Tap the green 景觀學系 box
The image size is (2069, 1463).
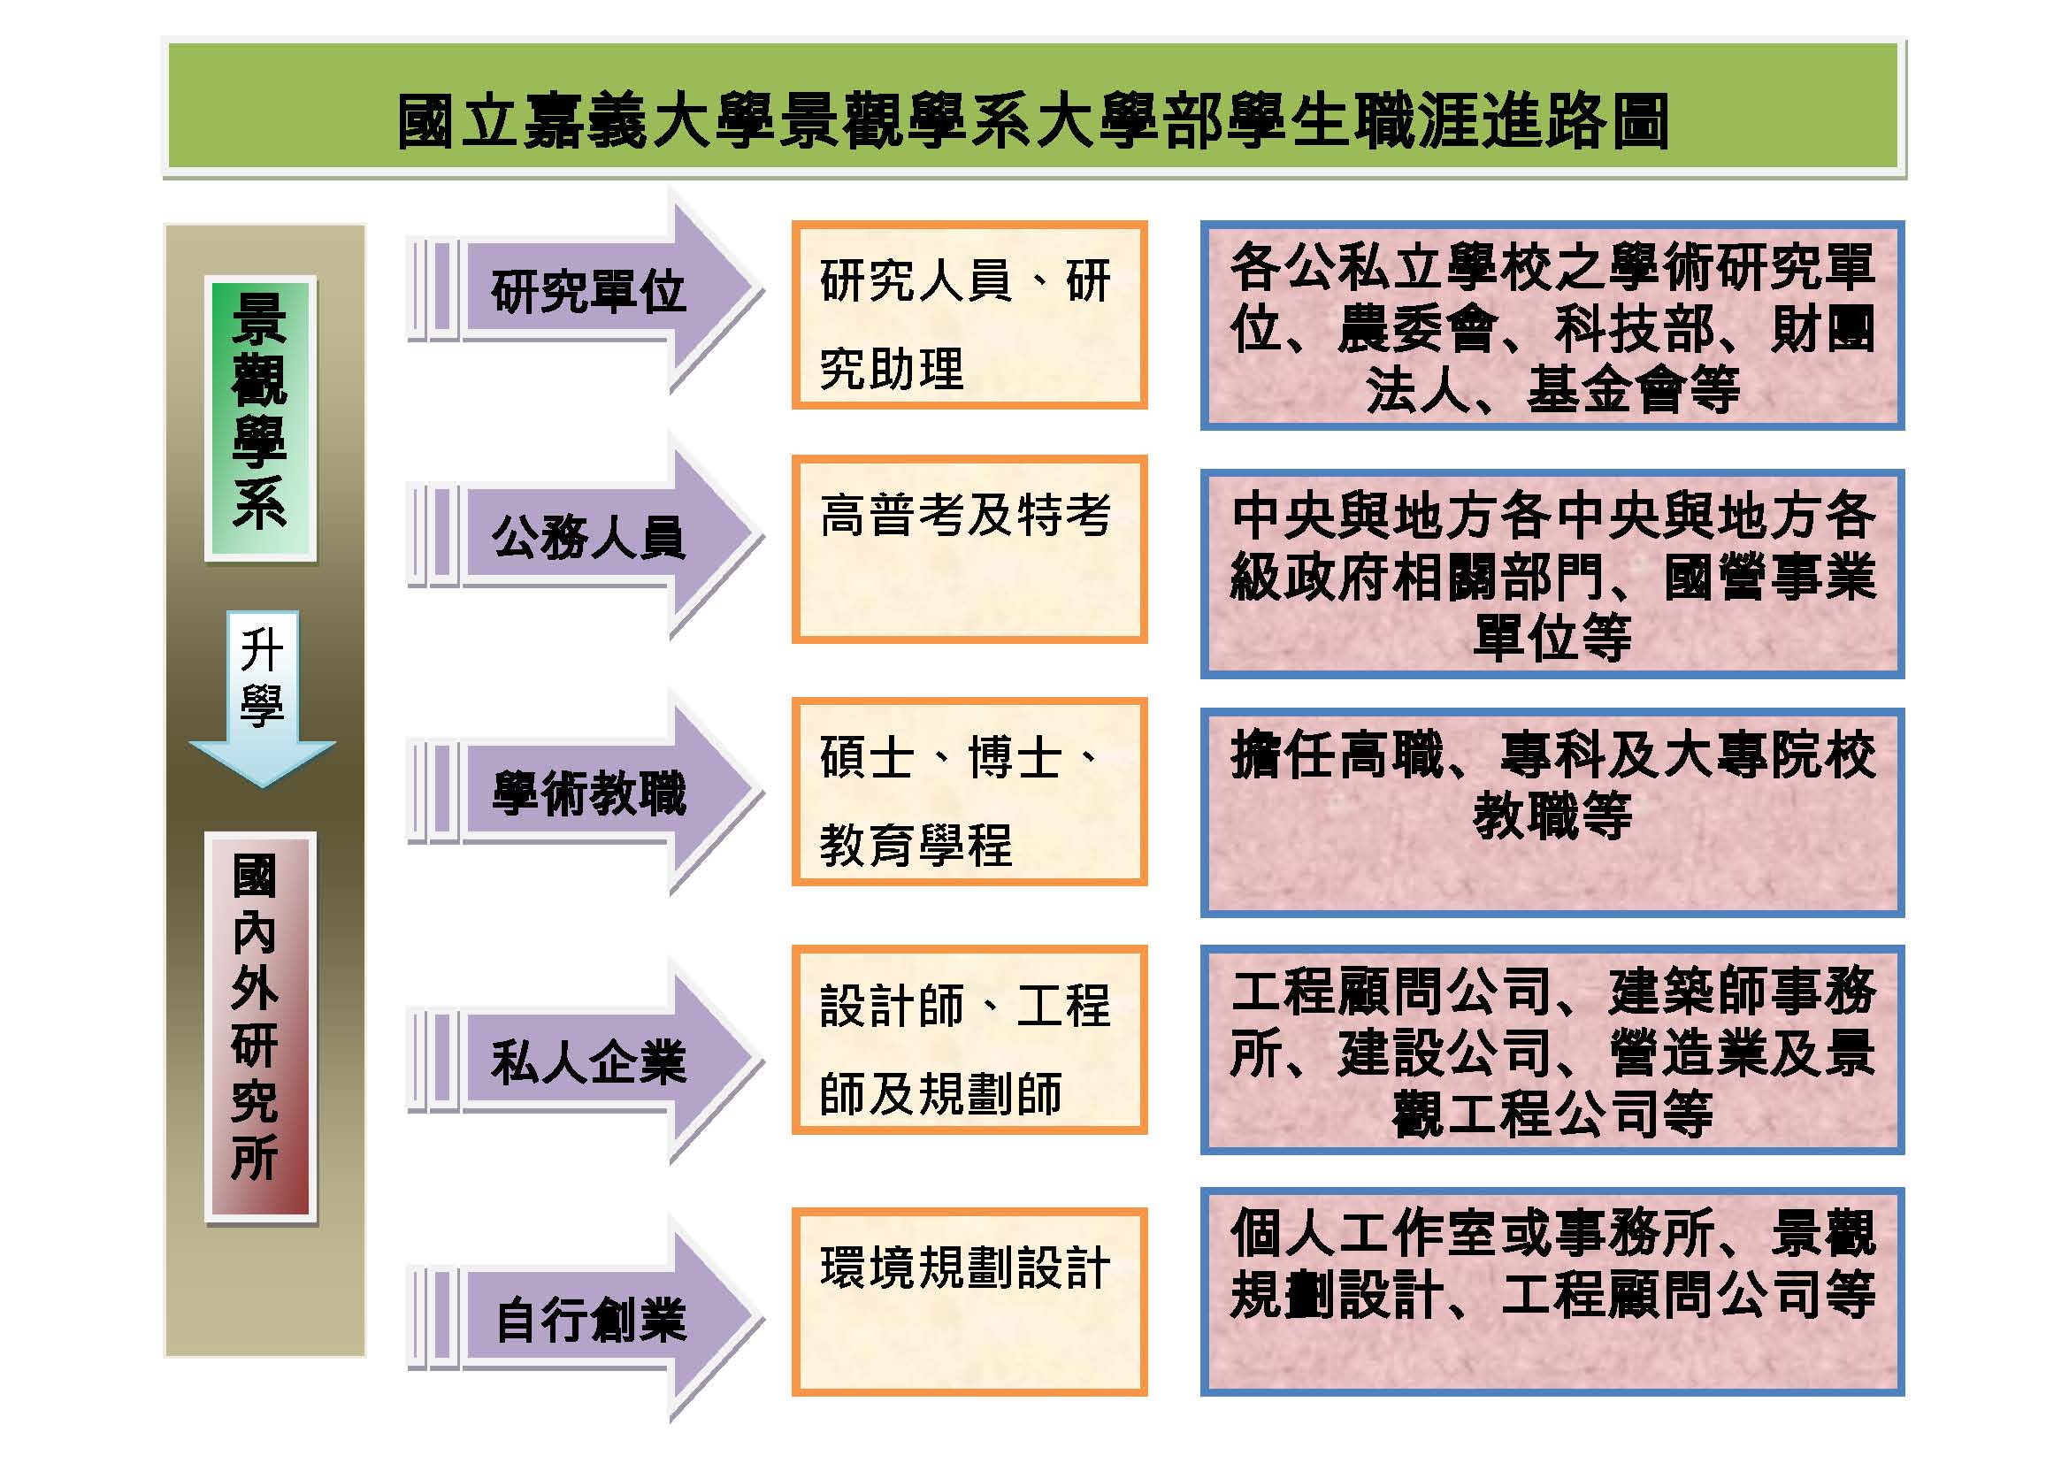click(x=259, y=418)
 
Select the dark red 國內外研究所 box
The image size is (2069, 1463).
click(x=259, y=1027)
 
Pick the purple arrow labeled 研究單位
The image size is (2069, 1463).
click(x=586, y=291)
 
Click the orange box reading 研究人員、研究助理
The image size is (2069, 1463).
click(x=969, y=315)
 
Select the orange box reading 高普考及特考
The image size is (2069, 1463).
click(x=969, y=549)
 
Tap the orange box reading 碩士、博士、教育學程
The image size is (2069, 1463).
click(x=969, y=792)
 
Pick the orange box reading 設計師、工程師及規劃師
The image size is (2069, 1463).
click(x=969, y=1039)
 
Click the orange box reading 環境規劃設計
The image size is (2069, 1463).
click(x=969, y=1302)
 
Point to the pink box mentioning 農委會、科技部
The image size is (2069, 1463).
click(x=1552, y=326)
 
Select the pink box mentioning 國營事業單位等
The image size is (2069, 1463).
click(x=1552, y=574)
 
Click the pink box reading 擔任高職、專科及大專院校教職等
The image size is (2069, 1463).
click(x=1552, y=813)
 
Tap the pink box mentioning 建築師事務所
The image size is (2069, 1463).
click(x=1552, y=1050)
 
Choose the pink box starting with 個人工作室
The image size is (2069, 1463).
click(x=1552, y=1291)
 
